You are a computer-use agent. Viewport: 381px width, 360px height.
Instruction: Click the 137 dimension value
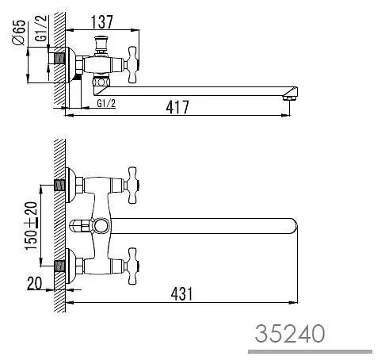pyautogui.click(x=102, y=22)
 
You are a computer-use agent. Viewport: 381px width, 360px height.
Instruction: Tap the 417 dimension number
pyautogui.click(x=177, y=107)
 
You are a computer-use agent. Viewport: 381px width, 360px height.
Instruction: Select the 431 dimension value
pyautogui.click(x=181, y=294)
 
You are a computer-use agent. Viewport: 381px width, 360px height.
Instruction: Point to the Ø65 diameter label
pyautogui.click(x=19, y=33)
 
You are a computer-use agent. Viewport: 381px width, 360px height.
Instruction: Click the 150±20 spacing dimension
pyautogui.click(x=31, y=226)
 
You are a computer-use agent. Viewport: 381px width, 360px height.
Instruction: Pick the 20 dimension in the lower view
pyautogui.click(x=34, y=283)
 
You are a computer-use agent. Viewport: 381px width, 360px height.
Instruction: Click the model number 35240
pyautogui.click(x=290, y=334)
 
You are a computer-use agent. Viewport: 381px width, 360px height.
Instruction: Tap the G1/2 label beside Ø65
pyautogui.click(x=41, y=29)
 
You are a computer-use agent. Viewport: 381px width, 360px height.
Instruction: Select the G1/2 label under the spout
pyautogui.click(x=106, y=103)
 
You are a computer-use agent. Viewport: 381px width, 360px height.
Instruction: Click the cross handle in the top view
pyautogui.click(x=132, y=65)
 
